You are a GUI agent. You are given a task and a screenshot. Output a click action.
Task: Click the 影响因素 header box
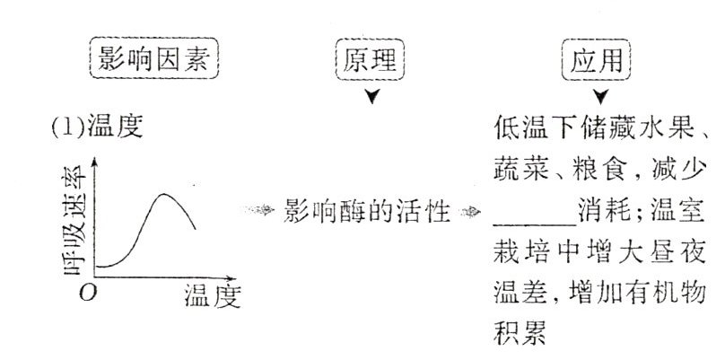pos(155,61)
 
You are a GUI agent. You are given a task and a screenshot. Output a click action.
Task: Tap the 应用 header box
pos(597,61)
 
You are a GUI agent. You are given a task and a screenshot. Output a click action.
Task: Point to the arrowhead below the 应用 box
pos(599,96)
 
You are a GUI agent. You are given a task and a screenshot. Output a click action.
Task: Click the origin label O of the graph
pos(86,293)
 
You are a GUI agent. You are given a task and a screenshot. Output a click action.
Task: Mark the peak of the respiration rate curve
pos(165,194)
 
